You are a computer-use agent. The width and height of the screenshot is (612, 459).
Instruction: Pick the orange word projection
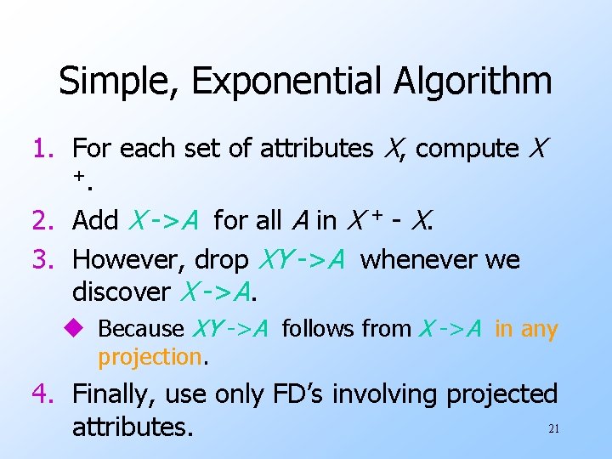(x=150, y=358)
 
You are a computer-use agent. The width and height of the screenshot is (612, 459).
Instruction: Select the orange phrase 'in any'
(x=526, y=328)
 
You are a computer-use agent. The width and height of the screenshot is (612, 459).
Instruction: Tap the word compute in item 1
(x=467, y=149)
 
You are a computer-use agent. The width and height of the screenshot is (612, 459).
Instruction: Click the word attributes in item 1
(x=316, y=149)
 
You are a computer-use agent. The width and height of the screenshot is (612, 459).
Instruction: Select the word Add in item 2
(x=95, y=221)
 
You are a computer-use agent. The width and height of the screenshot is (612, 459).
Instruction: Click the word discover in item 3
(x=121, y=292)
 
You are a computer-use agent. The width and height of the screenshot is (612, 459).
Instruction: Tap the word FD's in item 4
(x=300, y=394)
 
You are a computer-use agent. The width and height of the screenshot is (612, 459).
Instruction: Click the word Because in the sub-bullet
(x=141, y=328)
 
